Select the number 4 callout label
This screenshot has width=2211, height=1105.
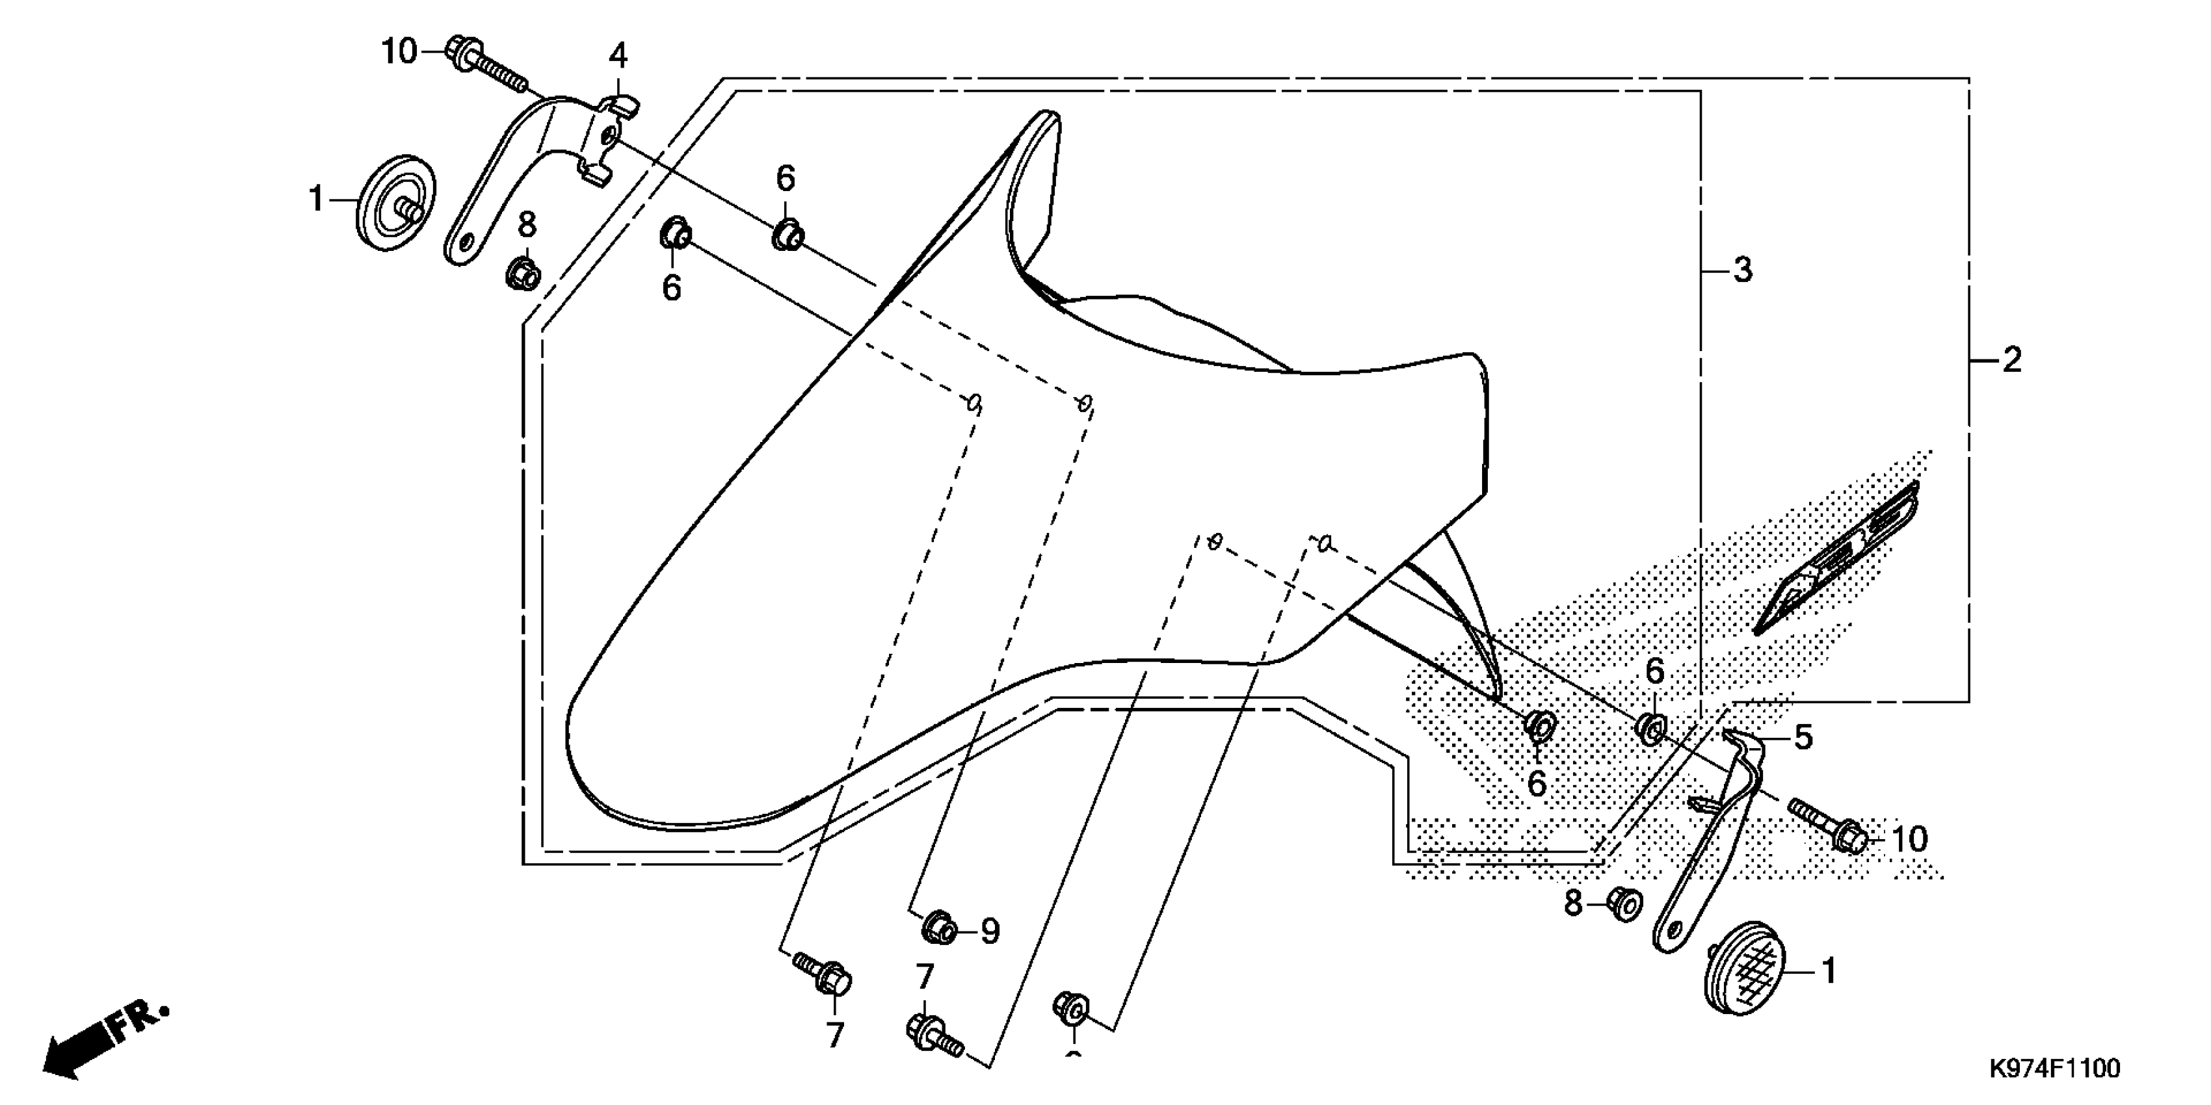pyautogui.click(x=618, y=57)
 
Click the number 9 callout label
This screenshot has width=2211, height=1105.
pyautogui.click(x=990, y=931)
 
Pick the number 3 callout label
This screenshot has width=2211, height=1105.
pyautogui.click(x=1741, y=270)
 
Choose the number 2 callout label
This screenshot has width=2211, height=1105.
pyautogui.click(x=2011, y=359)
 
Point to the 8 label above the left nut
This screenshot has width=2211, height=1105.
pyautogui.click(x=526, y=226)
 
